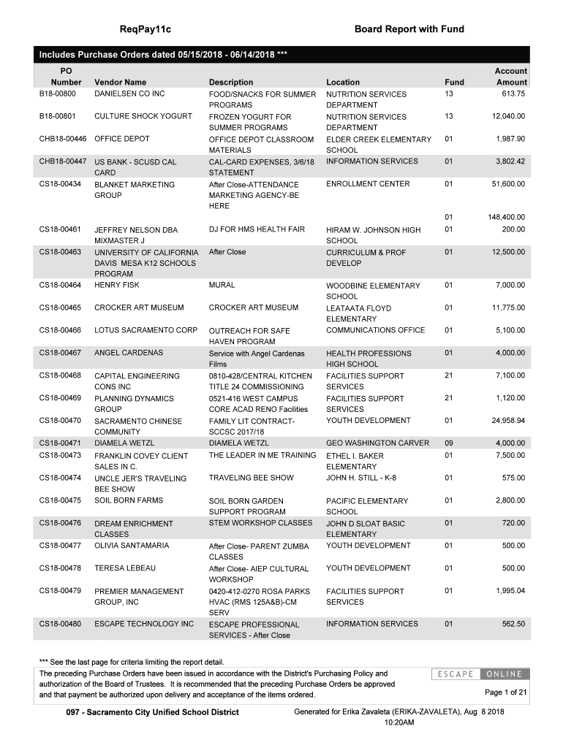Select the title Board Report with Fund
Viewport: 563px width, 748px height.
409,29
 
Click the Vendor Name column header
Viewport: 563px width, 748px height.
120,83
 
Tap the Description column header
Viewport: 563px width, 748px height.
231,83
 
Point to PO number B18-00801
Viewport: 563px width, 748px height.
58,116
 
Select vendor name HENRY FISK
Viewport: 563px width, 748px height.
117,285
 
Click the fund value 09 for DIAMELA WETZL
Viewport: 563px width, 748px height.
449,443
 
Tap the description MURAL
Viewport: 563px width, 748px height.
222,285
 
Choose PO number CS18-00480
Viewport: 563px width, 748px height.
60,624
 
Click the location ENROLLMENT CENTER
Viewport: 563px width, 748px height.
368,184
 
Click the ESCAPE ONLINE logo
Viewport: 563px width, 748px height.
479,673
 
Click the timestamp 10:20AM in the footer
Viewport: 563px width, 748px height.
398,722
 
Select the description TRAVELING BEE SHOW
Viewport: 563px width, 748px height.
252,478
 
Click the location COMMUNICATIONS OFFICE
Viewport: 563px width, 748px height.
375,330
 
